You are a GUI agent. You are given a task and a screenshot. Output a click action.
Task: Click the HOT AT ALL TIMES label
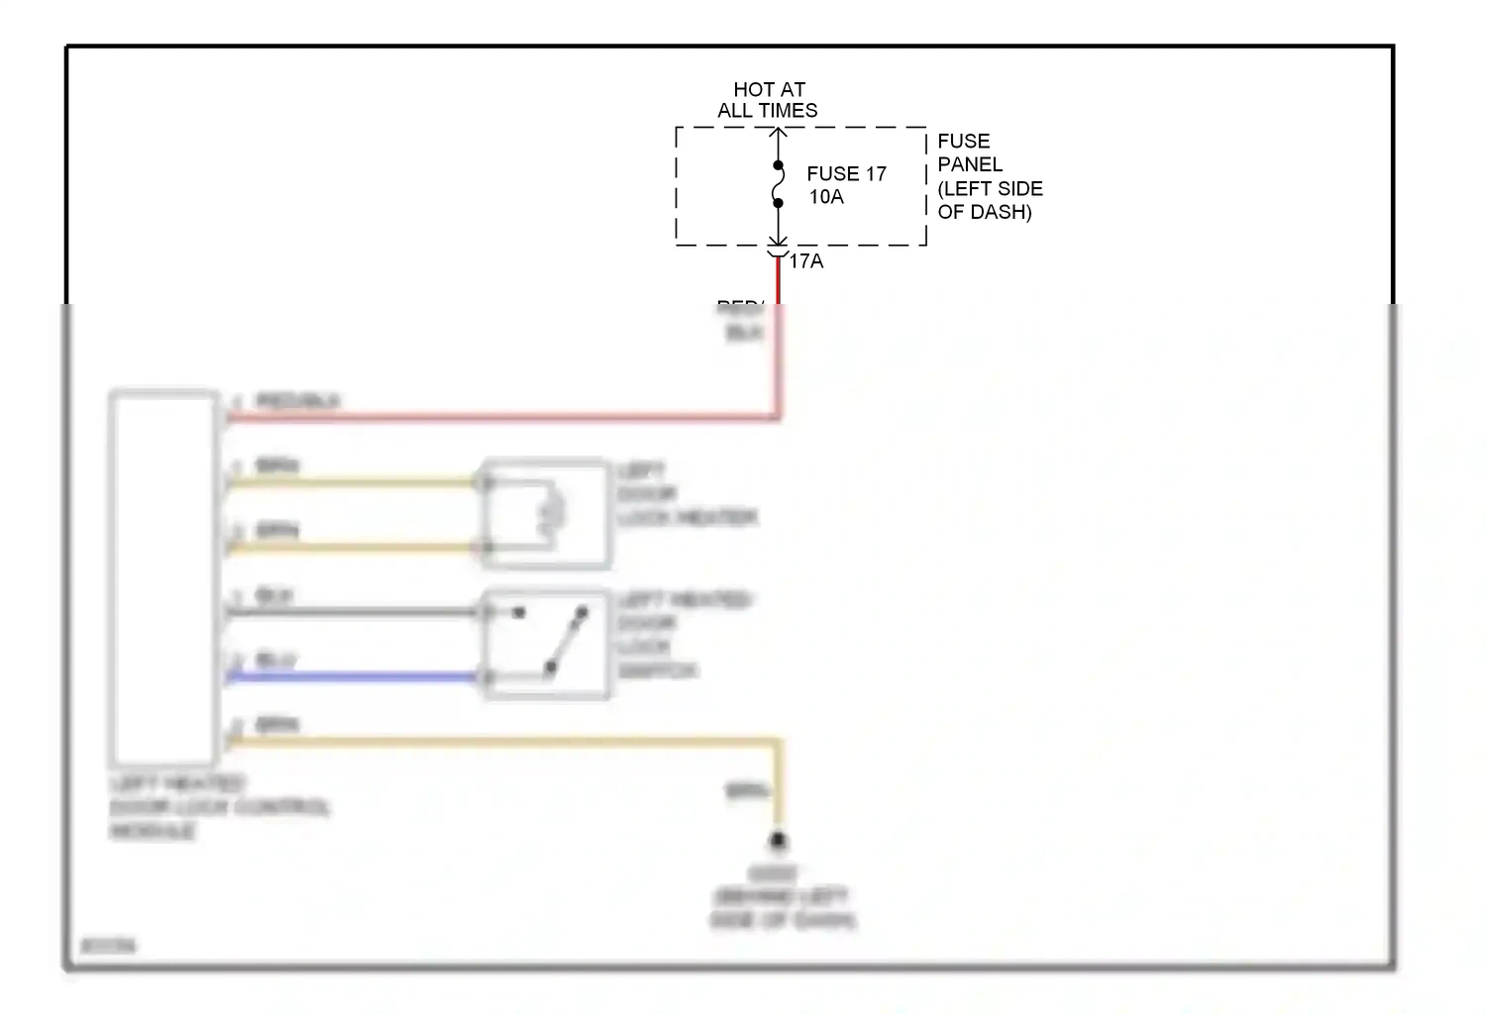768,100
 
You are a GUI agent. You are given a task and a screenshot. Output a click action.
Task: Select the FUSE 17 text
846,174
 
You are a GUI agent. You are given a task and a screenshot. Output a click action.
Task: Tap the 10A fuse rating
826,197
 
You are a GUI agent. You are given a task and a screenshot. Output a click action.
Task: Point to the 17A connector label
806,261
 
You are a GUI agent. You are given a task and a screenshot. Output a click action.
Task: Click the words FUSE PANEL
969,152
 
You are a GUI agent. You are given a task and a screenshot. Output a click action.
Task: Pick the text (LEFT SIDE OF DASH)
990,200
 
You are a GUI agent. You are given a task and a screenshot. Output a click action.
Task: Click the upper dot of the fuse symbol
779,165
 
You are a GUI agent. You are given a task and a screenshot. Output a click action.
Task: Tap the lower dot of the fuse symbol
779,203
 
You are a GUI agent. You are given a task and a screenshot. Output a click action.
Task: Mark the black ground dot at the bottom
779,842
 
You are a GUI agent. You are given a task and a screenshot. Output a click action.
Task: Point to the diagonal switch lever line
567,642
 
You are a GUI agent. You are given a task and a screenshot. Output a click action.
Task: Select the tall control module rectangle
163,579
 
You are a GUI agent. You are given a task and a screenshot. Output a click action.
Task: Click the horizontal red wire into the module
495,418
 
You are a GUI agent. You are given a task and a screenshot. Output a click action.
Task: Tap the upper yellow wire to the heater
352,482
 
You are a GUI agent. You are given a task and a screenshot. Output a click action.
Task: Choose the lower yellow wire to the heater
352,547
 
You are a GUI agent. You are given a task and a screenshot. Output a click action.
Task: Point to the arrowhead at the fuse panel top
779,132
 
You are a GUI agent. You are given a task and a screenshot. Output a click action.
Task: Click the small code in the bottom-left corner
108,946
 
